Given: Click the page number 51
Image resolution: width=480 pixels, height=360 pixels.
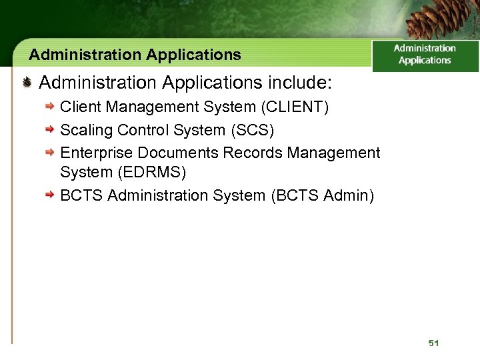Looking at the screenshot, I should (x=434, y=343).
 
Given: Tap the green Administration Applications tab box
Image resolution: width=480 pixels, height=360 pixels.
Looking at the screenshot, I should (x=425, y=55).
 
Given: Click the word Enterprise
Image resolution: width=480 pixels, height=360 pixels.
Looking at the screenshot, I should (x=97, y=153).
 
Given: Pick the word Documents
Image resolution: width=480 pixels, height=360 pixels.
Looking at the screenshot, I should (x=178, y=153).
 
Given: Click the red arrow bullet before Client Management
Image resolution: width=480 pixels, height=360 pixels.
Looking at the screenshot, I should (x=49, y=107).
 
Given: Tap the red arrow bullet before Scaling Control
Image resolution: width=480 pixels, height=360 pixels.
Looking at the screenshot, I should (x=49, y=129).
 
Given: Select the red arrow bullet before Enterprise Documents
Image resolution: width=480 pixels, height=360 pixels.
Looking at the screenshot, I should (x=49, y=153).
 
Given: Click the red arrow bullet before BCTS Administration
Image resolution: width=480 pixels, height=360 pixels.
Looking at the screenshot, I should (x=49, y=195).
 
